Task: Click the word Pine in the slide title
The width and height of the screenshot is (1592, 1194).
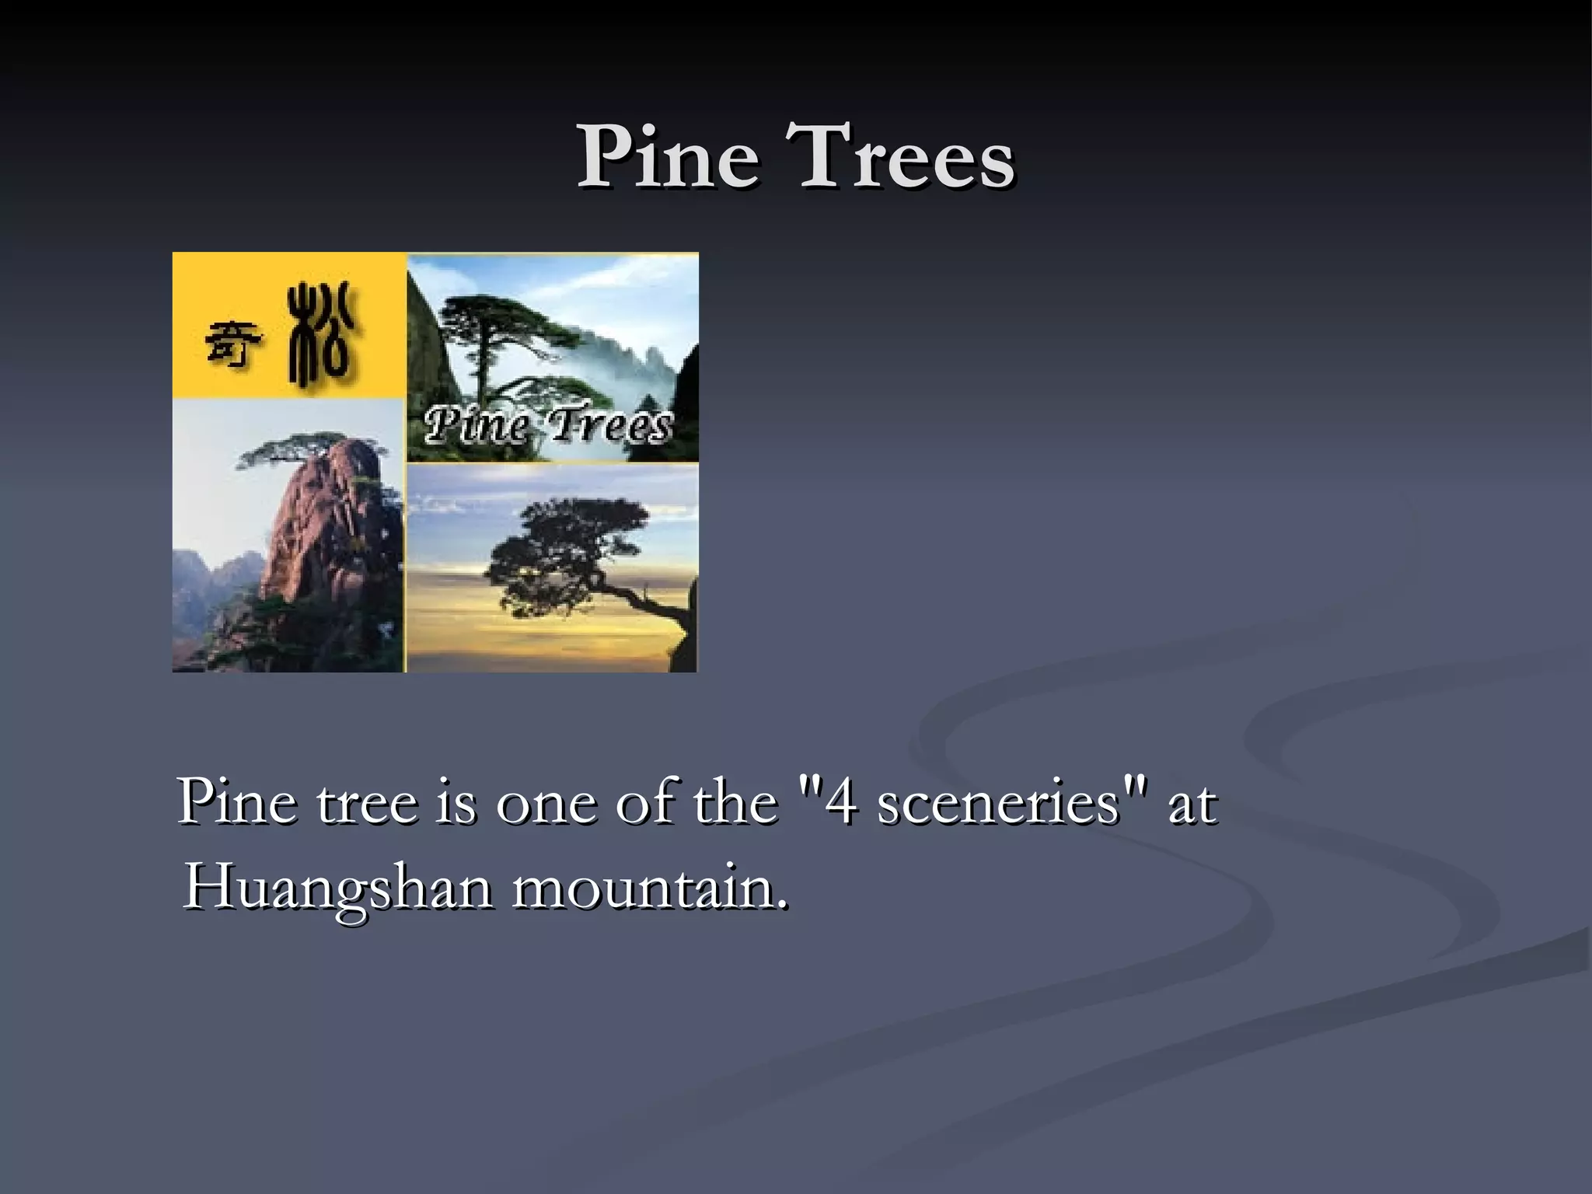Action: pos(667,157)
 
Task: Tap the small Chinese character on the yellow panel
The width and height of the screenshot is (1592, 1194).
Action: pos(232,344)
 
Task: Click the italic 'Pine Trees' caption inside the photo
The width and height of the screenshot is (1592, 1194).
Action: pos(547,426)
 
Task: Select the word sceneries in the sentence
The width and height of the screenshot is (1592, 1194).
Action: pos(998,802)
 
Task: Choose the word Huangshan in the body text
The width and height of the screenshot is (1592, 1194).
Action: pos(337,888)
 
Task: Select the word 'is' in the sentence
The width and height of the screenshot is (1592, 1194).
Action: pos(456,802)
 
